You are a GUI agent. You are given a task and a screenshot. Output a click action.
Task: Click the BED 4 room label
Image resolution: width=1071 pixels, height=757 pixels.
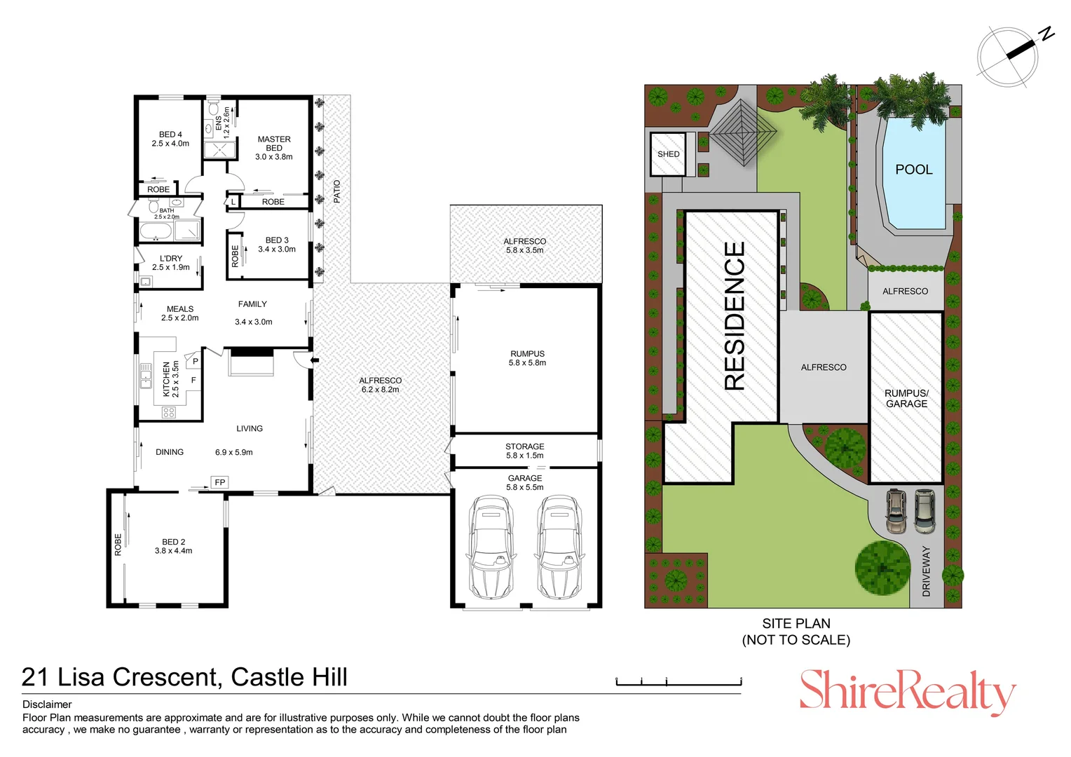[170, 139]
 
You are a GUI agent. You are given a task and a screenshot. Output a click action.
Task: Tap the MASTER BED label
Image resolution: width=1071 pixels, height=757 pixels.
[274, 148]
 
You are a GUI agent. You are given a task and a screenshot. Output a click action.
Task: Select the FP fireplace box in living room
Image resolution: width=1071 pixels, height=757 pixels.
[220, 482]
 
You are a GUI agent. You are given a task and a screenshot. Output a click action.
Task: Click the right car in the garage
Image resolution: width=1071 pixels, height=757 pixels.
[559, 547]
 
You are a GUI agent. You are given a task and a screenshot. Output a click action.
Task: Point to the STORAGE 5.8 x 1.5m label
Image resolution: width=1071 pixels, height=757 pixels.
[525, 451]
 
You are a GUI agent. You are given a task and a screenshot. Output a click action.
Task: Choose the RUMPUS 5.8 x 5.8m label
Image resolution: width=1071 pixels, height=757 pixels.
[527, 358]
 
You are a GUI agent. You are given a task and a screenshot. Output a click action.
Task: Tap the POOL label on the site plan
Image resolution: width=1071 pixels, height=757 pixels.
[914, 170]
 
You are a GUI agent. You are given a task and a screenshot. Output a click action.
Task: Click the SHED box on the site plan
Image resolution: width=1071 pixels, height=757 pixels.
[668, 154]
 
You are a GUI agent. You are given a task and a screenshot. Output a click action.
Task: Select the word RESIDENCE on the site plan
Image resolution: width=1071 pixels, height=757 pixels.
[735, 315]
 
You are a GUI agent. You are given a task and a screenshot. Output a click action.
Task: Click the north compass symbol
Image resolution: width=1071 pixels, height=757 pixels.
[1009, 56]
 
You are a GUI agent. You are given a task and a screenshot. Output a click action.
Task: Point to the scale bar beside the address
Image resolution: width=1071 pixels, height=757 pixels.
[678, 681]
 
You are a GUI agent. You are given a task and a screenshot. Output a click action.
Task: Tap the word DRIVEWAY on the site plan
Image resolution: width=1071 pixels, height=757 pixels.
[926, 571]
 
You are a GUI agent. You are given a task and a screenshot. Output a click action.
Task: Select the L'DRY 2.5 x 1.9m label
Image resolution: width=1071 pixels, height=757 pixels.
[170, 263]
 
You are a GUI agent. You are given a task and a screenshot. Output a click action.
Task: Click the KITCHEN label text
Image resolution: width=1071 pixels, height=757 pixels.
[167, 379]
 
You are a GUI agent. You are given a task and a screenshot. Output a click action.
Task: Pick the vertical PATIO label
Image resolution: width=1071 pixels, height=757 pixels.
[337, 191]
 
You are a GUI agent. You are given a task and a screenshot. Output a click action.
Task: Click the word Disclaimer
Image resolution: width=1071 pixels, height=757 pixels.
[47, 704]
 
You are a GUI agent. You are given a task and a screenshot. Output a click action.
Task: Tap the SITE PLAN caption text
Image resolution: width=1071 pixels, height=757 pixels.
[796, 631]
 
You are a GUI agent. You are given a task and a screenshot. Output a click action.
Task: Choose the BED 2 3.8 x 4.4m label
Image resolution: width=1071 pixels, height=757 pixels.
[174, 546]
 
